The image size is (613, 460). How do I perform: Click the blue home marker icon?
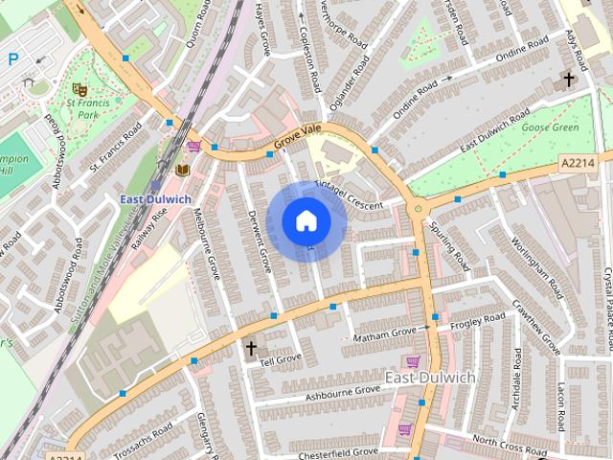(306, 221)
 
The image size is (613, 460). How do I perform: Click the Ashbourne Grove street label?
(342, 392)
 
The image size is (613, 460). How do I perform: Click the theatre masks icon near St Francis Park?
(77, 87)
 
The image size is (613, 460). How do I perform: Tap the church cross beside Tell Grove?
(252, 348)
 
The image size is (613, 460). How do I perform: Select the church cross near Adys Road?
(569, 79)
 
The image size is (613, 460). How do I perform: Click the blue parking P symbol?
(12, 59)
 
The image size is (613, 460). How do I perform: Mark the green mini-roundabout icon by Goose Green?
(417, 207)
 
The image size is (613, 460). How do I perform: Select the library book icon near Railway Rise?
(181, 170)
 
